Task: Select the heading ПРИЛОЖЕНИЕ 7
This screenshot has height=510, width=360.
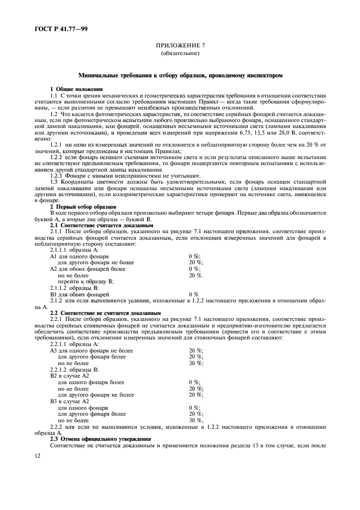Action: [x=180, y=46]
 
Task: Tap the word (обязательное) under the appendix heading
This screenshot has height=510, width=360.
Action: [x=180, y=54]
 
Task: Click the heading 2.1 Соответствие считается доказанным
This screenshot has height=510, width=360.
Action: [x=94, y=224]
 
